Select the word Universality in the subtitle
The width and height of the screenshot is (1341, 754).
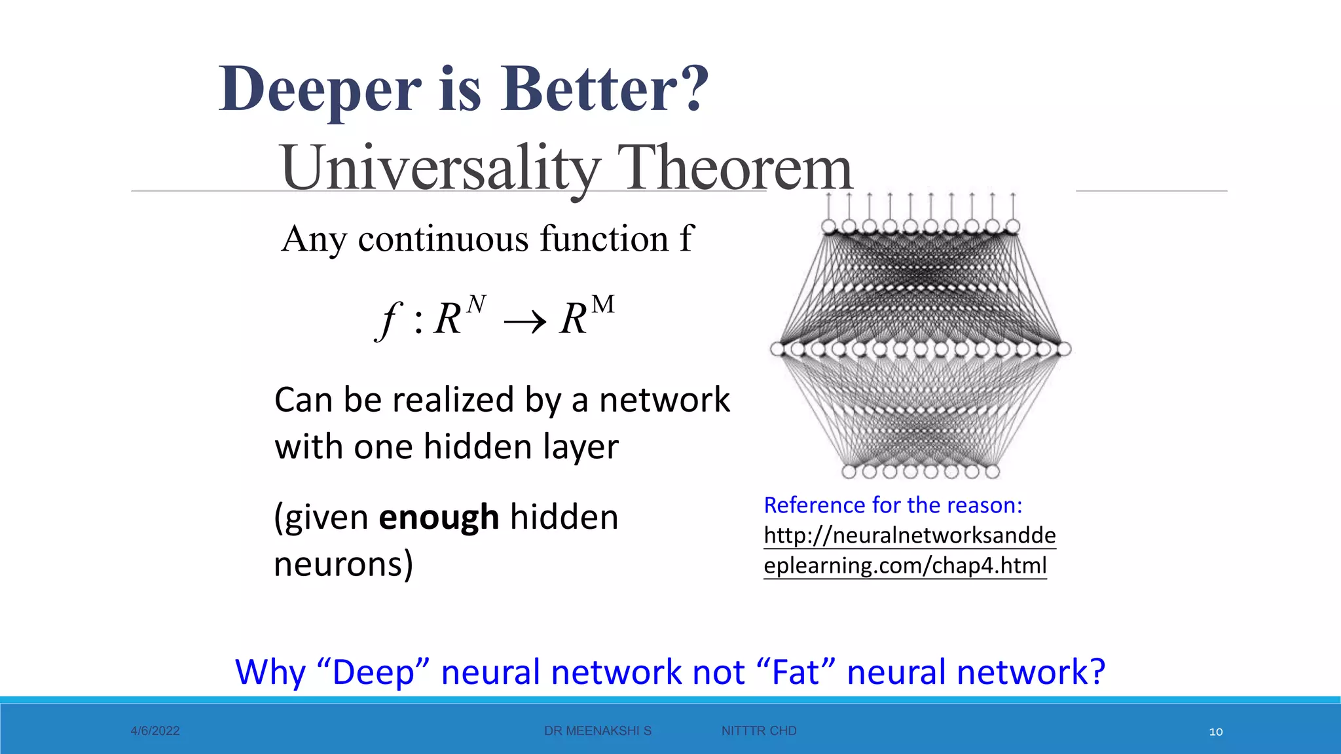click(x=439, y=169)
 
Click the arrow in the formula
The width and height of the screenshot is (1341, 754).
click(x=524, y=321)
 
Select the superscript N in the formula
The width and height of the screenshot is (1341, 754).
click(x=476, y=304)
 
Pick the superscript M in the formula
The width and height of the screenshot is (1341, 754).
click(x=602, y=305)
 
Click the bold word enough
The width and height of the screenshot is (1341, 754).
click(x=439, y=517)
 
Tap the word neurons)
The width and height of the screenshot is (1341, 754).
click(x=343, y=564)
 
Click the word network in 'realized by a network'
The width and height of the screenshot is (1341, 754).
click(x=664, y=400)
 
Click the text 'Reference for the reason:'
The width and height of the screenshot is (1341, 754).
click(x=892, y=505)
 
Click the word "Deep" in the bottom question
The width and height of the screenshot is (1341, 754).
click(x=372, y=672)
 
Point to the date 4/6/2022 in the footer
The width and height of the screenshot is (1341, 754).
click(x=155, y=731)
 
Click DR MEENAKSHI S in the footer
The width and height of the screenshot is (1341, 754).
click(x=597, y=731)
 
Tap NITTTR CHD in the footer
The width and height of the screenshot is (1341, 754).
click(x=758, y=731)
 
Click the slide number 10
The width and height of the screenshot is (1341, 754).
click(x=1215, y=732)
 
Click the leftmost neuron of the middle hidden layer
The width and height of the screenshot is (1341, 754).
click(x=777, y=349)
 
